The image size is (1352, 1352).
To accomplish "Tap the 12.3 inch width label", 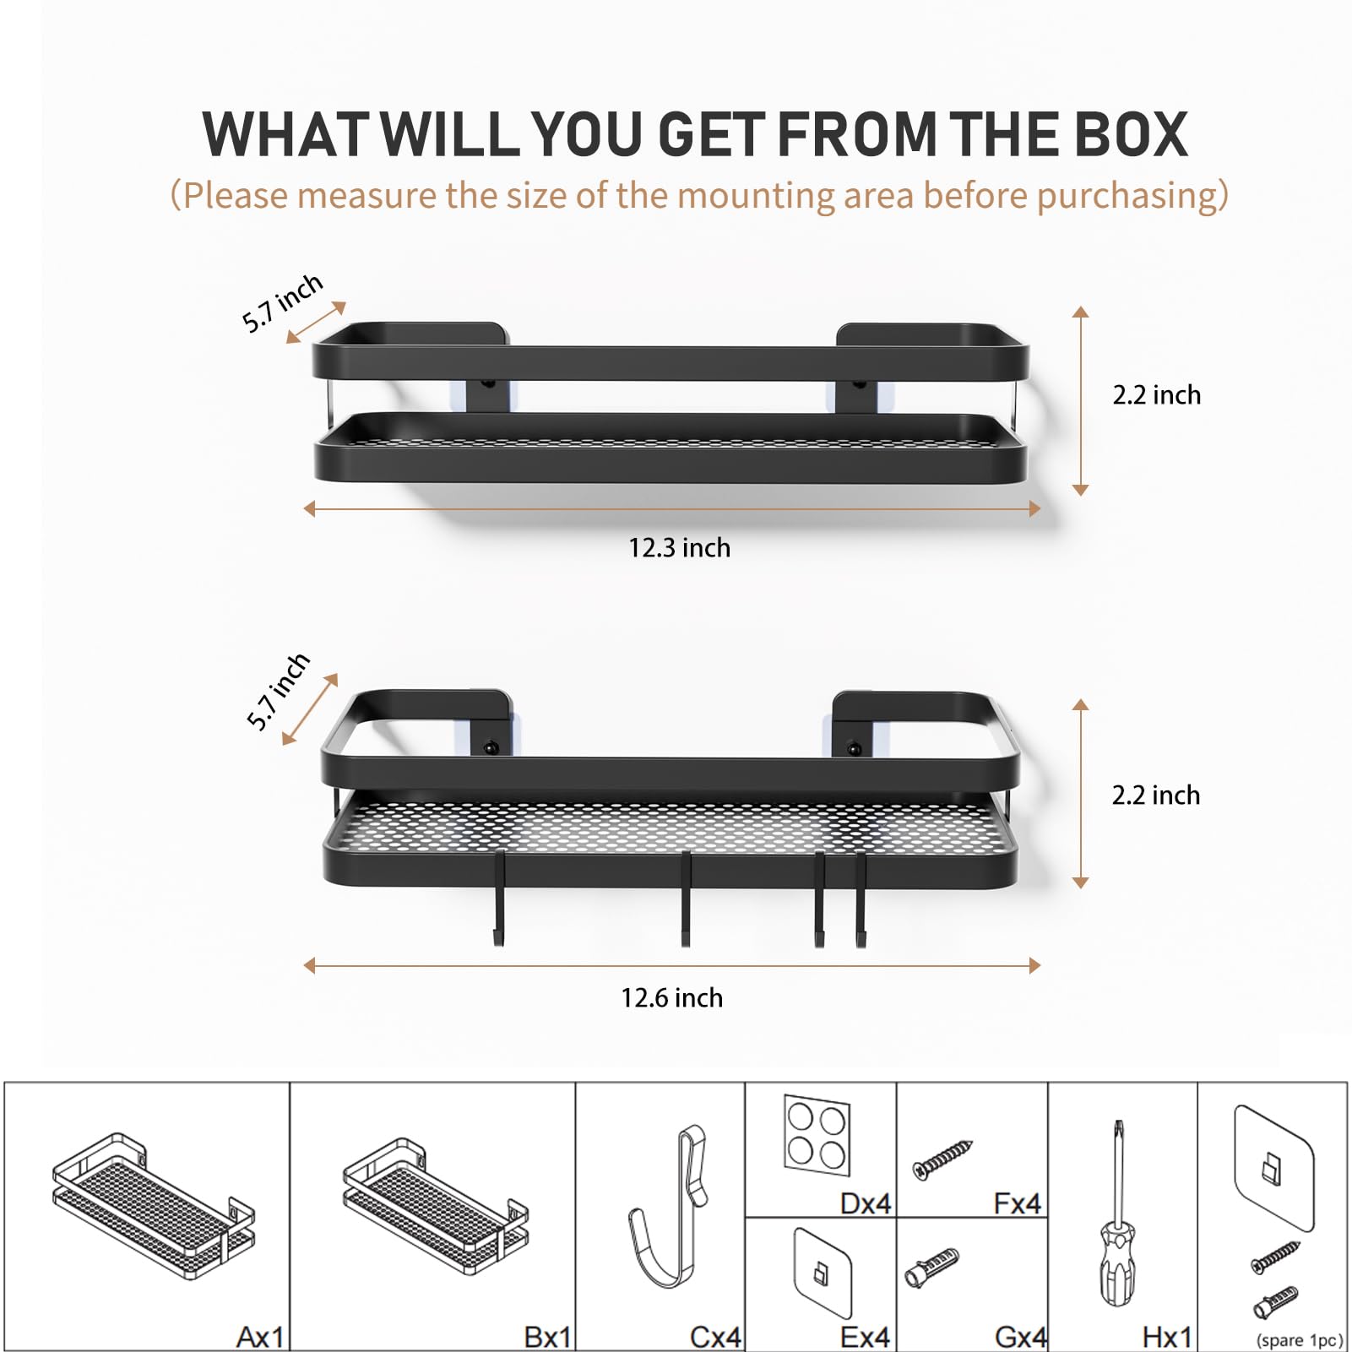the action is (x=679, y=548).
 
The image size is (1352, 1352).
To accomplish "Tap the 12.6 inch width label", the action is (x=672, y=998).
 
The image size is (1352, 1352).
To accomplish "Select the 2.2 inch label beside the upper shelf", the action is (x=1156, y=395).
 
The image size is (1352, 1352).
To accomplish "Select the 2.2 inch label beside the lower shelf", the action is (x=1155, y=795).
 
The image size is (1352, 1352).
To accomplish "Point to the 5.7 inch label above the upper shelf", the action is (x=282, y=303).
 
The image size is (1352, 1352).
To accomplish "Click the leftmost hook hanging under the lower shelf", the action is (x=499, y=899).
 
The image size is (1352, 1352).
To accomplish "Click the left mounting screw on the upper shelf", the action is (x=487, y=384).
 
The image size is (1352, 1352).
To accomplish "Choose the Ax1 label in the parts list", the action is (x=260, y=1337).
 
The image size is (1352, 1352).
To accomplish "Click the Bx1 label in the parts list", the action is (x=547, y=1337).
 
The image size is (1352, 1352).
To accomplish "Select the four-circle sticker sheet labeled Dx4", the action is (x=817, y=1135).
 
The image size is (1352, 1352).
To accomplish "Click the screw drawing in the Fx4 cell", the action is (x=943, y=1159).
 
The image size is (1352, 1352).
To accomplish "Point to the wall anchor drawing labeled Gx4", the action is (x=931, y=1267).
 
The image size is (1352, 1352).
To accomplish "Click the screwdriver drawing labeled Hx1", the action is (x=1117, y=1213).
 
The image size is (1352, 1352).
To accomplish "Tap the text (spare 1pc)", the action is (x=1299, y=1340).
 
